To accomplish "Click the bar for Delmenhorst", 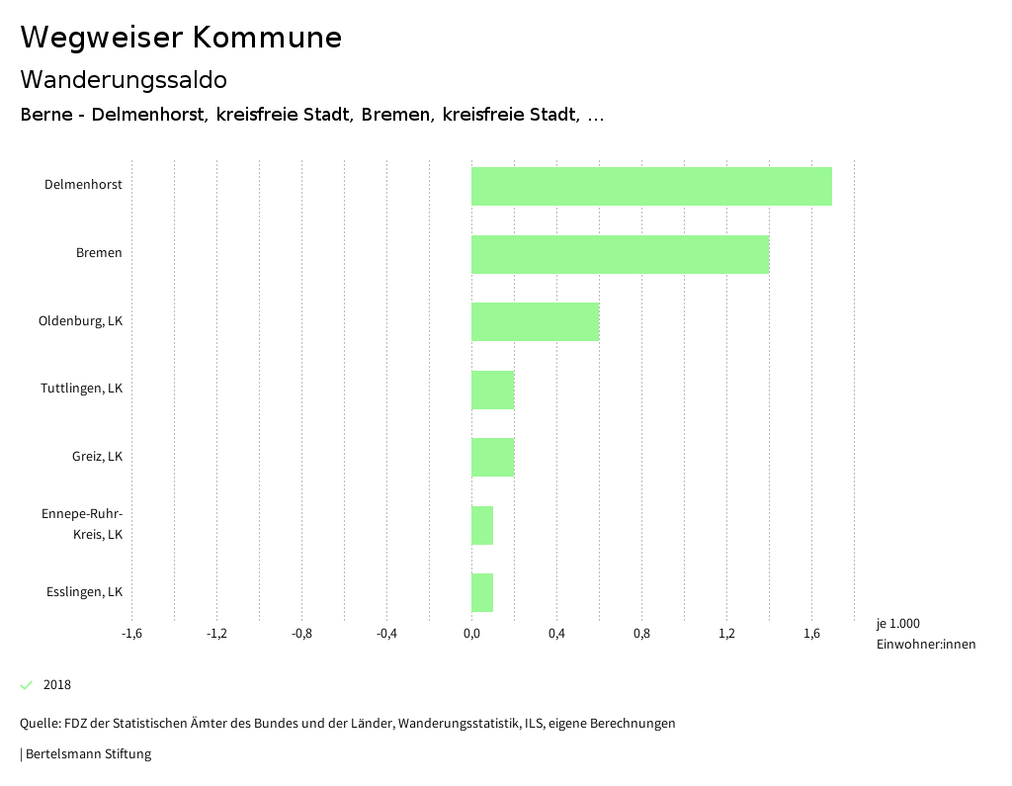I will point(651,186).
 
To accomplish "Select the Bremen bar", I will point(620,254).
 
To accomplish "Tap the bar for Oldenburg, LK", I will point(535,321).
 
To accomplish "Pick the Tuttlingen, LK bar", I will point(492,390).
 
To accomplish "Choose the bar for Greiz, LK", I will point(492,457).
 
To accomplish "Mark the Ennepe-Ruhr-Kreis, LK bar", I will point(482,525).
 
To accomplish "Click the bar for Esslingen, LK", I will point(482,592).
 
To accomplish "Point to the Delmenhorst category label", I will point(83,185).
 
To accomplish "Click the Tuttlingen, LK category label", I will point(81,389).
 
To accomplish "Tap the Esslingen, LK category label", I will point(84,592).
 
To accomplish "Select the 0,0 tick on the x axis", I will point(471,634).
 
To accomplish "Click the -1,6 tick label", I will point(131,634).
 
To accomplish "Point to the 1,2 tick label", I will point(726,634).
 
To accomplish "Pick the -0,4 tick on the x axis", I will point(386,634).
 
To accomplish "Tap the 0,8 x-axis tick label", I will point(641,634).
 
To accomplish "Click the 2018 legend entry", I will point(56,685).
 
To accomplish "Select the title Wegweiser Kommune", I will point(181,38).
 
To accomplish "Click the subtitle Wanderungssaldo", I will point(124,80).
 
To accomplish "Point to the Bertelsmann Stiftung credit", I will point(87,754).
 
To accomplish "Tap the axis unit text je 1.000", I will point(897,624).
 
